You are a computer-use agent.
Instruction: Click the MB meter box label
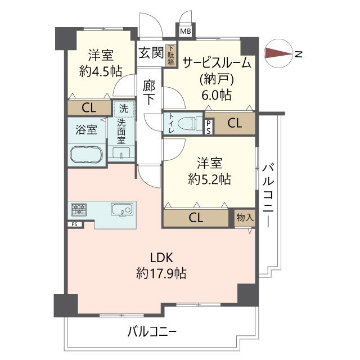[185, 31]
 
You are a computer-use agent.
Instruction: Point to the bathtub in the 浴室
[85, 154]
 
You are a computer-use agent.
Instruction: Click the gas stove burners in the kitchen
[79, 210]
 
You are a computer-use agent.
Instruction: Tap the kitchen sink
[121, 210]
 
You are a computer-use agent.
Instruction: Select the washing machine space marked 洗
[122, 107]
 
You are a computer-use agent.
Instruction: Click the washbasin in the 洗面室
[121, 152]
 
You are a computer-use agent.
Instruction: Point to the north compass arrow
[278, 54]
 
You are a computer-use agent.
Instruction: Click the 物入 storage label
[245, 217]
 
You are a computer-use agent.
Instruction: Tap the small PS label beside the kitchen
[74, 224]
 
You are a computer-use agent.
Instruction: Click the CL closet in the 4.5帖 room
[88, 107]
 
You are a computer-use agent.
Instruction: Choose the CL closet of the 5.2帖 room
[196, 218]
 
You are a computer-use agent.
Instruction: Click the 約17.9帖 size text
[161, 274]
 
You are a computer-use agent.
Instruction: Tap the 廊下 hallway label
[148, 93]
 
